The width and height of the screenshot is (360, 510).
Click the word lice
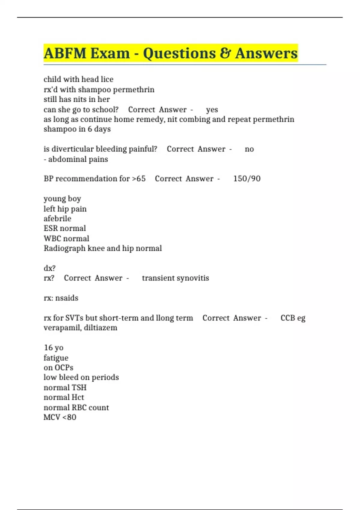click(x=107, y=79)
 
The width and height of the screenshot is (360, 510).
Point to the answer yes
click(x=212, y=110)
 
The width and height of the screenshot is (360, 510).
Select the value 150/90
click(x=247, y=179)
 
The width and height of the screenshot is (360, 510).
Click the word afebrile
click(x=57, y=219)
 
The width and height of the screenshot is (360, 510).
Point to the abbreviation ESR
click(x=50, y=229)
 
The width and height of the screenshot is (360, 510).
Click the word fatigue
click(x=56, y=358)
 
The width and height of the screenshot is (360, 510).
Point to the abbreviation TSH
click(x=79, y=388)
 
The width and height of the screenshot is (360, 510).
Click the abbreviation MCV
click(x=52, y=417)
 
